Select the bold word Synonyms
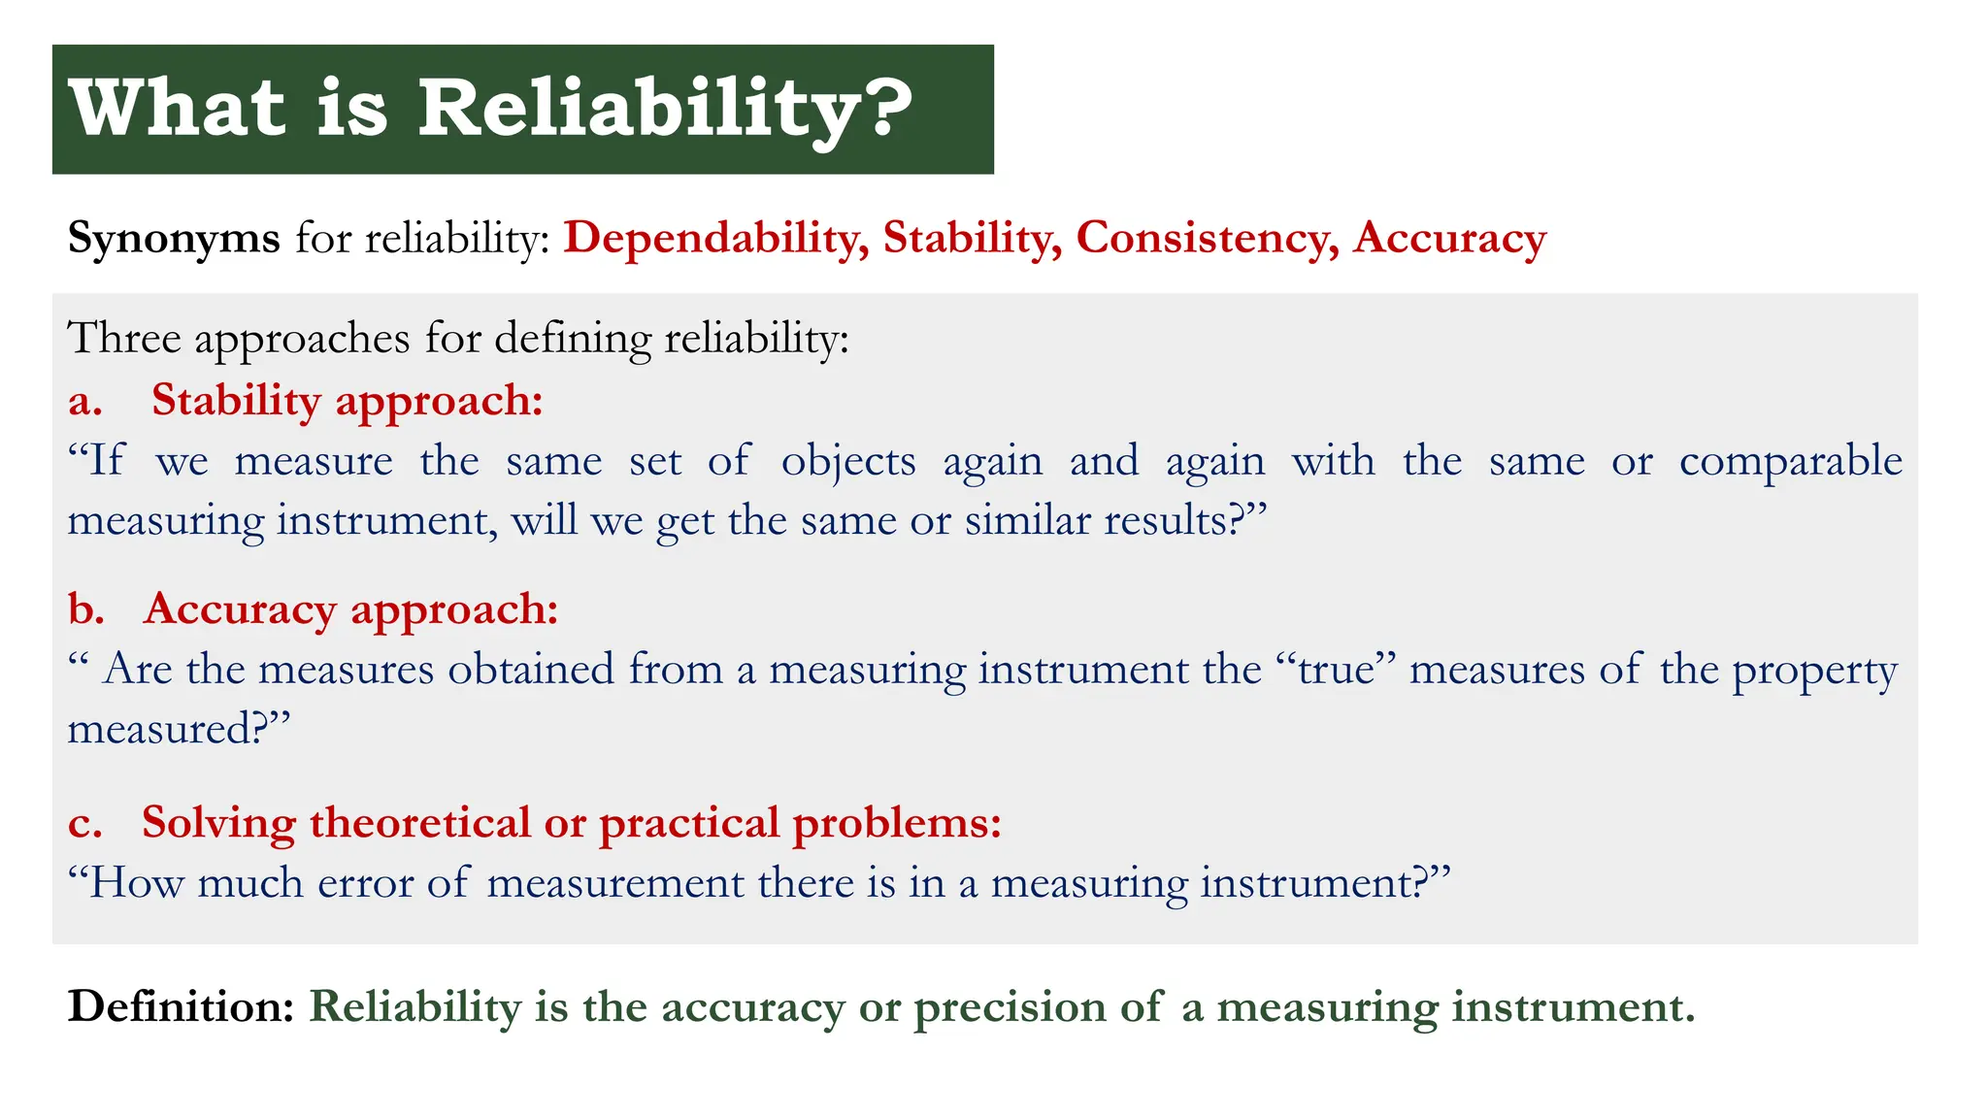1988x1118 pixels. (x=173, y=238)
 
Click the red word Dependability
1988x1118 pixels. (x=715, y=238)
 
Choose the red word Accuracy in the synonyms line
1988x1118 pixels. (x=1449, y=238)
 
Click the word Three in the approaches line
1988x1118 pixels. (x=124, y=339)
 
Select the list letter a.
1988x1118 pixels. (x=84, y=401)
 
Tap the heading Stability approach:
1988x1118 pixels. (x=347, y=401)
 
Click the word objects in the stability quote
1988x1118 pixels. (x=847, y=461)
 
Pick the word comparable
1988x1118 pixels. (x=1790, y=461)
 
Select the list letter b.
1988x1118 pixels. (x=85, y=609)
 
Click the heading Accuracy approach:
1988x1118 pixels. (x=350, y=609)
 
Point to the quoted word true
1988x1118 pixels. (x=1336, y=670)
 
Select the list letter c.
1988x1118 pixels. (x=84, y=823)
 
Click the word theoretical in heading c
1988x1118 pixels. (x=419, y=823)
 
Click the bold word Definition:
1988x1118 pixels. (x=181, y=1006)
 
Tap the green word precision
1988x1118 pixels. (x=1010, y=1008)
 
